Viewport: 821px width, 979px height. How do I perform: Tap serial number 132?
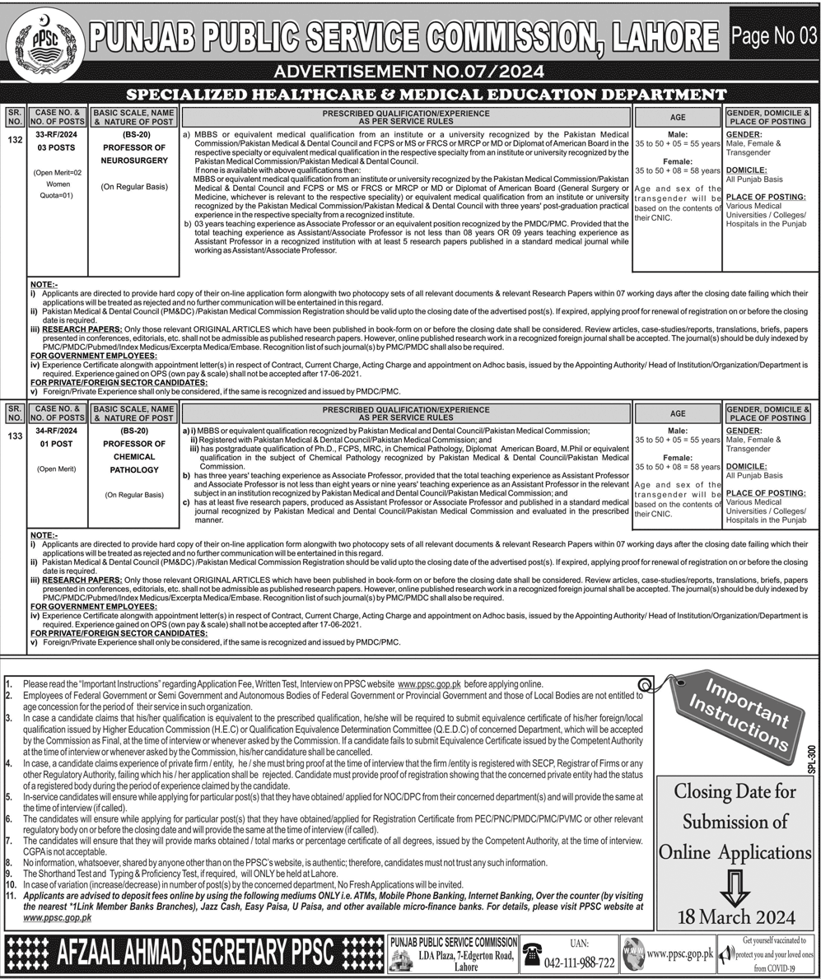point(14,141)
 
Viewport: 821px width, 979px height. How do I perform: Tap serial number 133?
point(14,436)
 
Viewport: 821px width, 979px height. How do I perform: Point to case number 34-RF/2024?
point(57,430)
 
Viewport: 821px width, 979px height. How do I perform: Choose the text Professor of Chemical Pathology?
point(133,457)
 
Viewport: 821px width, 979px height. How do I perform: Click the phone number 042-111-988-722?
point(580,963)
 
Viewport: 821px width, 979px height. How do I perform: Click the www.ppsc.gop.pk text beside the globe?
point(679,953)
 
